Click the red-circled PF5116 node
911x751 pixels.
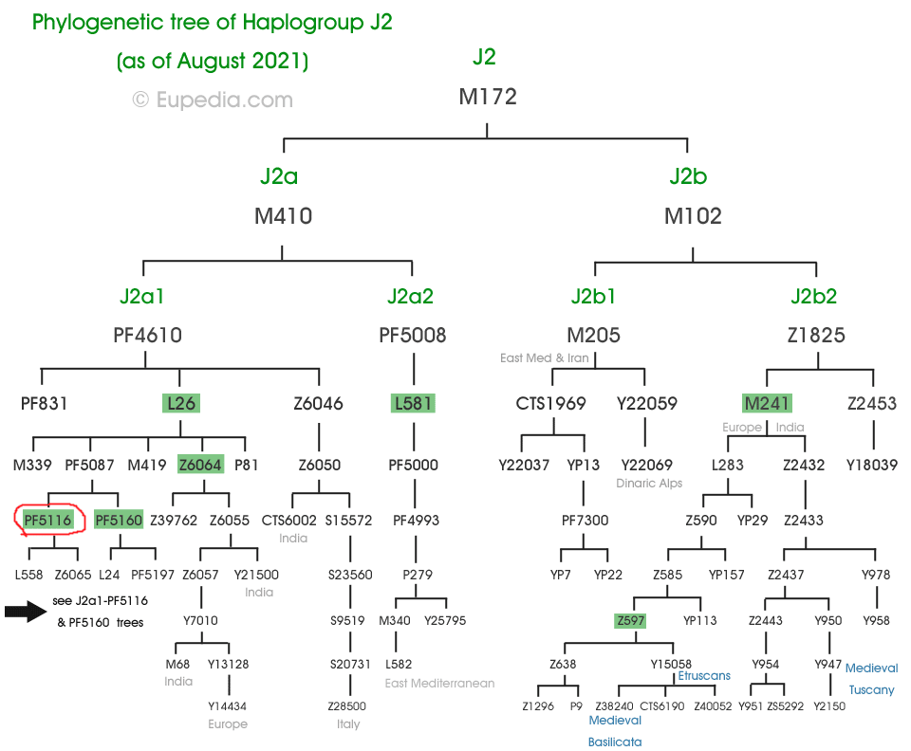(48, 520)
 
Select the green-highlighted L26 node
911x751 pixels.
(180, 403)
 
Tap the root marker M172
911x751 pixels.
(487, 97)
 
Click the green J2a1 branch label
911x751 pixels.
(142, 296)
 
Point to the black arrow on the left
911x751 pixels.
(26, 612)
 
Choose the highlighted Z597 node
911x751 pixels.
(630, 621)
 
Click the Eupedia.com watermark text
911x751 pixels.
(212, 100)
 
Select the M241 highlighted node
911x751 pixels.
(767, 403)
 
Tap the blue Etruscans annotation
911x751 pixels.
(705, 676)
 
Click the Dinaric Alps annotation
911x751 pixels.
(648, 484)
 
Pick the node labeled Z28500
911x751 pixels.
(347, 706)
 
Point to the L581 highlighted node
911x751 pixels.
(413, 403)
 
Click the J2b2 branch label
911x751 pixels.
(814, 296)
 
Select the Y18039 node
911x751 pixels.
(872, 465)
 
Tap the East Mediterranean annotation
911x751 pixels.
(439, 683)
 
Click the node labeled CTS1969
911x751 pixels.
(550, 403)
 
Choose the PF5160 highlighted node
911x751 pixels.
(119, 520)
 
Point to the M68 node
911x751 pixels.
(178, 664)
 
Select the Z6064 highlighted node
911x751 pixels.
(200, 465)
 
